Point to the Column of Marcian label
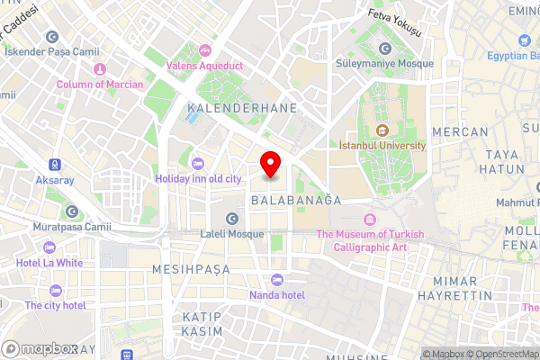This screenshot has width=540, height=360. (99, 85)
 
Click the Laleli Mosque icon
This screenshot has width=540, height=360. (232, 218)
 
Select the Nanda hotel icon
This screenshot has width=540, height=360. (277, 279)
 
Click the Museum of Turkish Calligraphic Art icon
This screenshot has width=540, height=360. (368, 220)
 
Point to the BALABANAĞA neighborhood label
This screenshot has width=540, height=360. (296, 200)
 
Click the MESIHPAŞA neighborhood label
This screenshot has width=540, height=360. (190, 269)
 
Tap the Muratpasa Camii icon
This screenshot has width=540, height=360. (72, 211)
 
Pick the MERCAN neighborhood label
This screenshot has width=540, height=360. (460, 131)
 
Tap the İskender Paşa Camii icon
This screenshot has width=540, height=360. (52, 37)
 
